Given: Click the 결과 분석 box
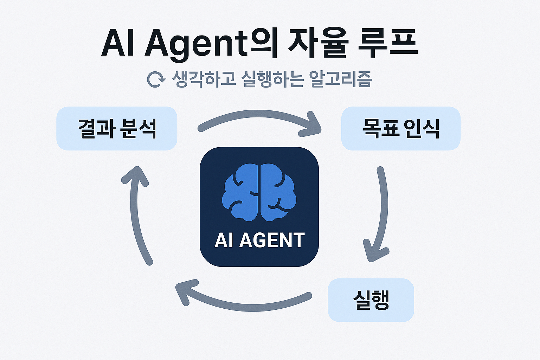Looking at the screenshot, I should (117, 129).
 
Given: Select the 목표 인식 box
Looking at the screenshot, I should (401, 129).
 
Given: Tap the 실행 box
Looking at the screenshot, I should (371, 300).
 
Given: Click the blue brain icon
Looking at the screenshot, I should (259, 192).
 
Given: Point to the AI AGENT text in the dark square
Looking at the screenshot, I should (259, 240).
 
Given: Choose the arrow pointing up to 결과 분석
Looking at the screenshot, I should (135, 214).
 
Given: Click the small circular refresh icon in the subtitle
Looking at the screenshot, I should (156, 80).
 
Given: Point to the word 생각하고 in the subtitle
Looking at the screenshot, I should (204, 79).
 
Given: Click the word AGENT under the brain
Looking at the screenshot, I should (272, 240).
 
